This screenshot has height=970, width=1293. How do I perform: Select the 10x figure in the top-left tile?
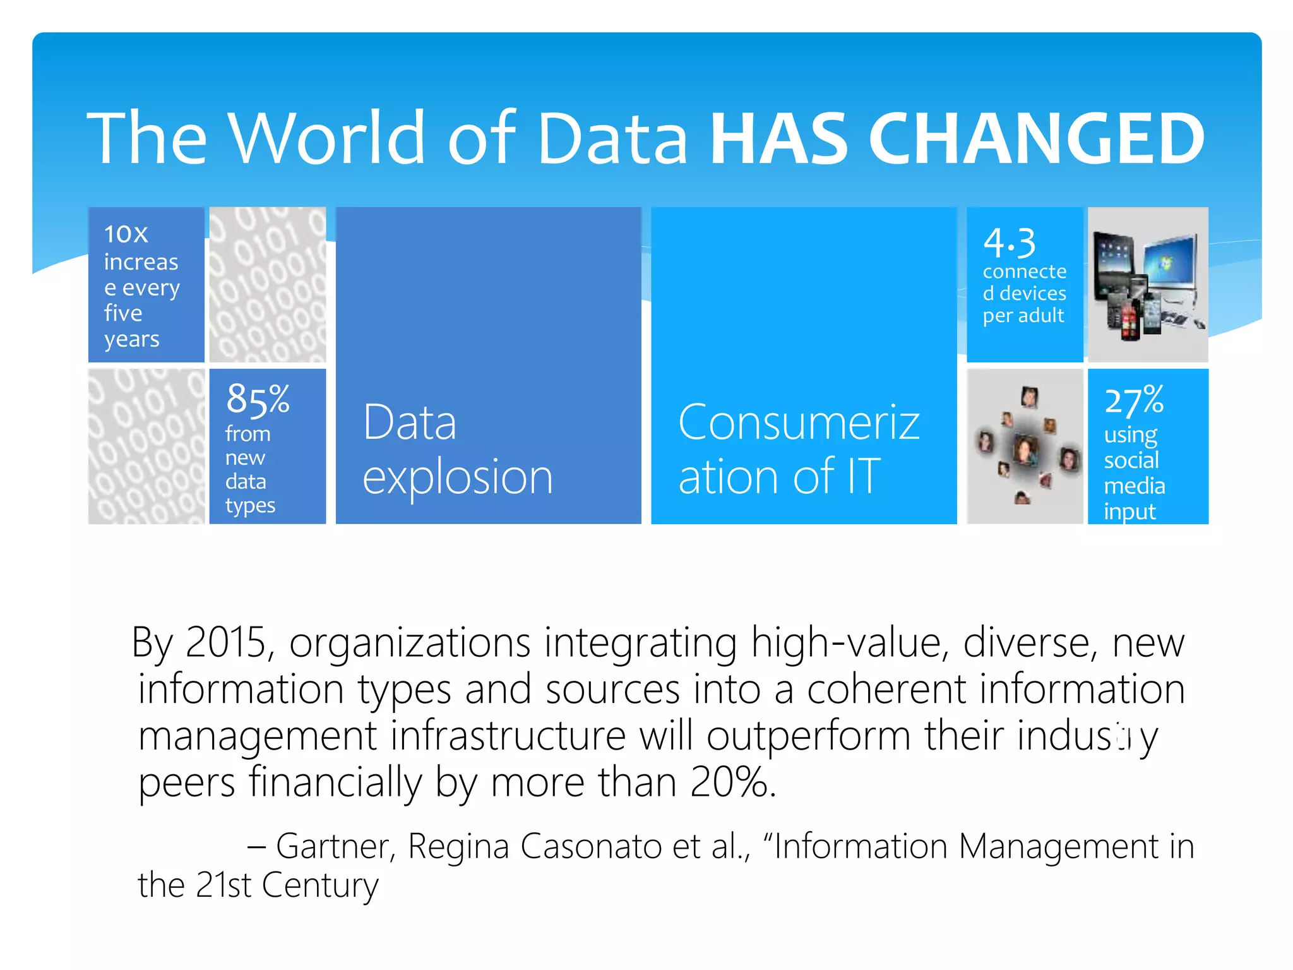click(126, 234)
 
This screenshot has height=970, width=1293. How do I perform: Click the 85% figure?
click(258, 399)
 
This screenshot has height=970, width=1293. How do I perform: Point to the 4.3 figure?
click(1009, 243)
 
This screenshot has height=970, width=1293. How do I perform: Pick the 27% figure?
click(1134, 400)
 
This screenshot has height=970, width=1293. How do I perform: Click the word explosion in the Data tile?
click(458, 477)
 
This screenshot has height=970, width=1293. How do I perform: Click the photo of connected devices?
click(1148, 285)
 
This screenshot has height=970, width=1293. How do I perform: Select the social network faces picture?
click(1025, 446)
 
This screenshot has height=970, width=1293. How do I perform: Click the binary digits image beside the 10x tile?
click(268, 285)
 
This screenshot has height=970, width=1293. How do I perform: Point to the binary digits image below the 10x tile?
click(146, 446)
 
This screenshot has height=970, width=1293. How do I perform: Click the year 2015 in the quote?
click(225, 643)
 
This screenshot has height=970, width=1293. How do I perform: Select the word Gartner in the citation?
click(335, 846)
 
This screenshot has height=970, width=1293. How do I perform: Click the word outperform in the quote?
click(808, 736)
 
